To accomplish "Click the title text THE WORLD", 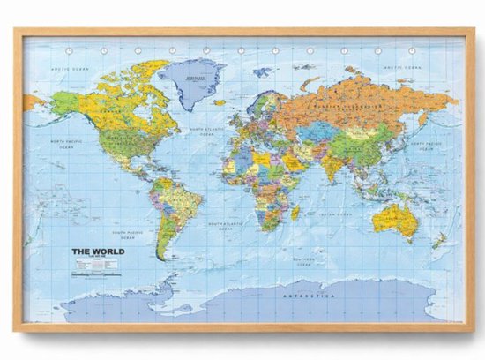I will point(98,251).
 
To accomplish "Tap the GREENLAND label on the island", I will point(192,76).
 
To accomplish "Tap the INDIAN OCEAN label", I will point(336,214).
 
